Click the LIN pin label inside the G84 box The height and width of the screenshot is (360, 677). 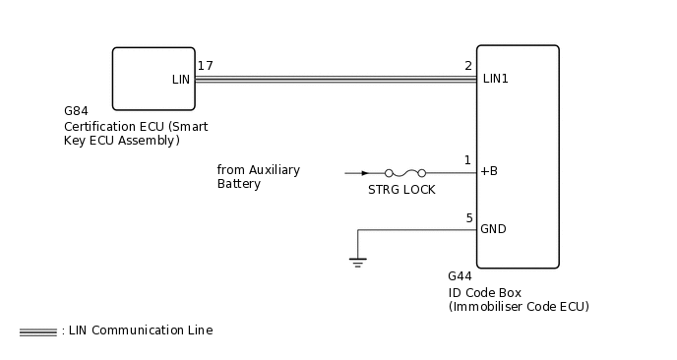tap(180, 79)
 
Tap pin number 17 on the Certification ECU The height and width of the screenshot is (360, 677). tap(205, 66)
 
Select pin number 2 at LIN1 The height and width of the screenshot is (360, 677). tap(468, 66)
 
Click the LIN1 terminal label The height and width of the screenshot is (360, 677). tap(496, 79)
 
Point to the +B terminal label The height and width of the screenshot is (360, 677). tap(488, 171)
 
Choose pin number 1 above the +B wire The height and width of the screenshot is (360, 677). tap(468, 159)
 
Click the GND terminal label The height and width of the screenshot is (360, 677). tap(493, 229)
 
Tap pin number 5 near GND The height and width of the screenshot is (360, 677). tap(468, 218)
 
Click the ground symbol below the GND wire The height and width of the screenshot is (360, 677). tap(357, 262)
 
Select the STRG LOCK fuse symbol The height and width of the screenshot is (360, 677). tap(405, 172)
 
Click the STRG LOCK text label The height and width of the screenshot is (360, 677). tap(401, 189)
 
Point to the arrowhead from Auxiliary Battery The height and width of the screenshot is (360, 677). tap(365, 172)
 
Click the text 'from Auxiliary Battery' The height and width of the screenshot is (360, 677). tap(258, 177)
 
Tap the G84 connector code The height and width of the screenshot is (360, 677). tap(76, 112)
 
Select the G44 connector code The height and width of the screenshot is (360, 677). tap(460, 276)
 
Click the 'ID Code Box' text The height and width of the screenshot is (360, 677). tap(484, 292)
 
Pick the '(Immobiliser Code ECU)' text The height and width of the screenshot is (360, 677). tap(518, 307)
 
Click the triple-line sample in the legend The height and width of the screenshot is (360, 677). tap(37, 331)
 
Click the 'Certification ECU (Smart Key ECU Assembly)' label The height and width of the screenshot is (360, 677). tap(135, 134)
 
